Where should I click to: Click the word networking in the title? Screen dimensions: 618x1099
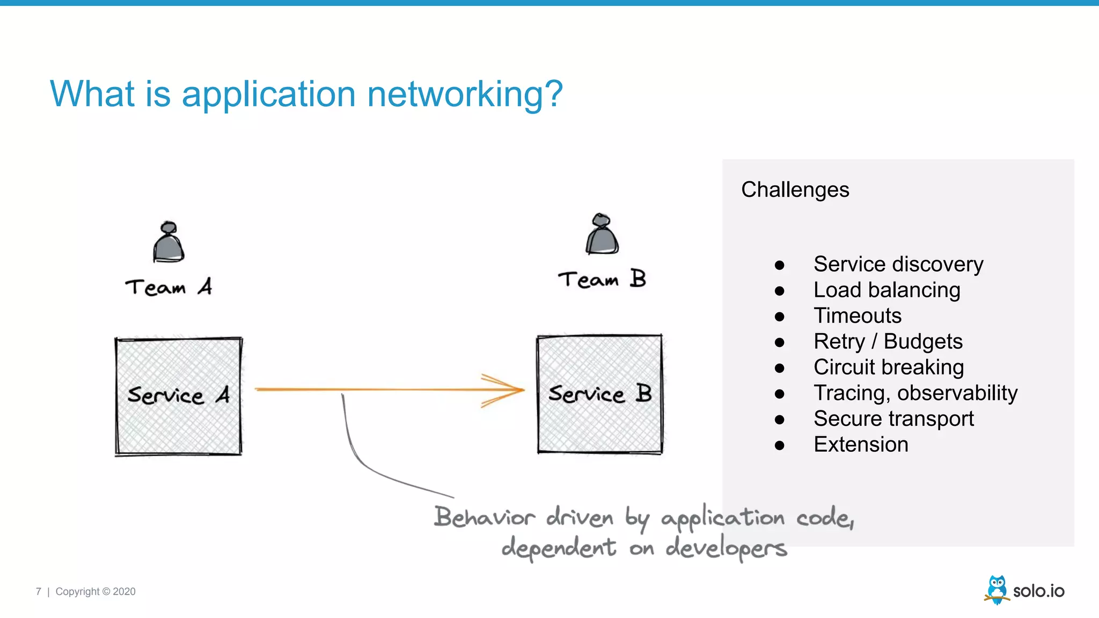coord(464,94)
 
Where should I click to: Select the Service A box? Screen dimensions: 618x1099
coord(178,396)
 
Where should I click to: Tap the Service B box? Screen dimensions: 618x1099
coord(599,394)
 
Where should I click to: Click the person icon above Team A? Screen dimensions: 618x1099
coord(168,242)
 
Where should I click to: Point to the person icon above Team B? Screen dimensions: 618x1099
coord(602,234)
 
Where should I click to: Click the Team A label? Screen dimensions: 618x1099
coord(168,287)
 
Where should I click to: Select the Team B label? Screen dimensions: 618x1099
coord(602,279)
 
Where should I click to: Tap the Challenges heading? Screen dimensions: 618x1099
coord(795,190)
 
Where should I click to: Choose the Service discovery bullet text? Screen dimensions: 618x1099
coord(898,264)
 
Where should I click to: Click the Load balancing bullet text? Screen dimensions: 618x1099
coord(886,290)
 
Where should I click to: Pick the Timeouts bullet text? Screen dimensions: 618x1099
coord(857,315)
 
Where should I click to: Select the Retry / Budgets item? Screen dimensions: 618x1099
coord(888,341)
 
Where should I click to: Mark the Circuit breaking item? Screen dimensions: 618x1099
coord(888,367)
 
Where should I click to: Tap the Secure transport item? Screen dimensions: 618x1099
coord(893,418)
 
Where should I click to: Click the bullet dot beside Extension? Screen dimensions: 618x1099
coord(780,445)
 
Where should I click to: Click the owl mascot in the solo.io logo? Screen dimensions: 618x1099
coord(997,590)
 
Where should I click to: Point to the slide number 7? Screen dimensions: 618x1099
coord(38,591)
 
